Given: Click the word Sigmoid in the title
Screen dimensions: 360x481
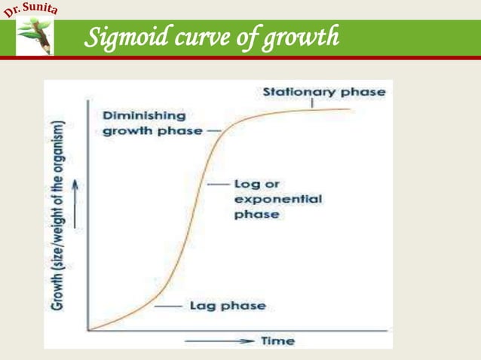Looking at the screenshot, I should pyautogui.click(x=123, y=36).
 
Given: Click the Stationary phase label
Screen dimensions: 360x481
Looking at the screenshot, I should pyautogui.click(x=323, y=92).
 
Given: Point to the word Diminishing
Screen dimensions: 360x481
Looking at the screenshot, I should pyautogui.click(x=144, y=116).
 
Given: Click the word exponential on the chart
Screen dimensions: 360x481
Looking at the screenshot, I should pyautogui.click(x=277, y=200).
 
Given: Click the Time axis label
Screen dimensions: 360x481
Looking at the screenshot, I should pyautogui.click(x=277, y=341).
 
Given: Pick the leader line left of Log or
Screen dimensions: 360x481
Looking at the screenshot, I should pyautogui.click(x=218, y=185).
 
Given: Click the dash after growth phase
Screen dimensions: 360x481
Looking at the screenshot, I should pyautogui.click(x=214, y=130).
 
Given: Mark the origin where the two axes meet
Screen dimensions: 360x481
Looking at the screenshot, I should pyautogui.click(x=89, y=330).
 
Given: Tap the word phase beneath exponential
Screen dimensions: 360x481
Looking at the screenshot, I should pyautogui.click(x=256, y=215).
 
